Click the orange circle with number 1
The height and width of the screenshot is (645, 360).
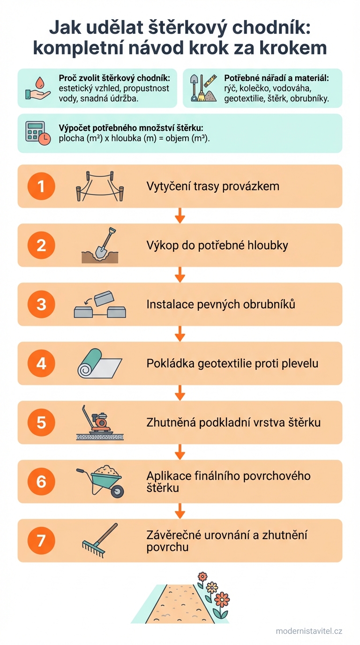[x=41, y=186]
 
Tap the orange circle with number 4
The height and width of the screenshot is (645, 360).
[x=41, y=363]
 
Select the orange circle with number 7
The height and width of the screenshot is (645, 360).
[x=41, y=540]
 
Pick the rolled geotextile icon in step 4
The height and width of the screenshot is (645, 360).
[x=99, y=363]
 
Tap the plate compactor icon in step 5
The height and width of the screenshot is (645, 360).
[x=99, y=422]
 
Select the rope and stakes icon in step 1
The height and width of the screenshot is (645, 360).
[x=100, y=186]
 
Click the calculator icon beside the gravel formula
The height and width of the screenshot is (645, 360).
[x=37, y=133]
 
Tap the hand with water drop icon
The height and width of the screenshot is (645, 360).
[x=37, y=88]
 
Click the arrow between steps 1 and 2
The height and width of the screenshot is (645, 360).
[x=180, y=216]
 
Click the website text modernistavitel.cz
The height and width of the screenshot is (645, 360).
[x=309, y=631]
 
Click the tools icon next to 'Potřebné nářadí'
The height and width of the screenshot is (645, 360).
[x=202, y=89]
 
